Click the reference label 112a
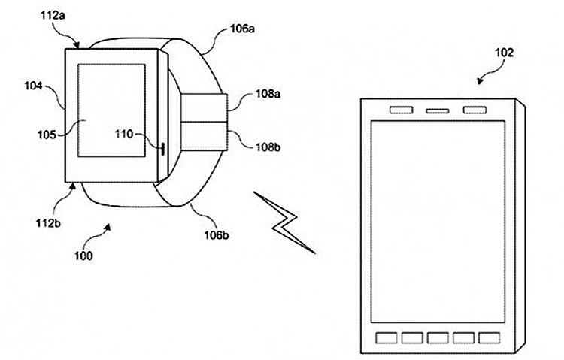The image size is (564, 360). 53,16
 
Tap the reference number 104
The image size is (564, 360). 33,86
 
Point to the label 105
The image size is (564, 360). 47,135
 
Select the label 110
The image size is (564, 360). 124,134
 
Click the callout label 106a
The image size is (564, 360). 242,29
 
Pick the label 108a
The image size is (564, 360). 268,94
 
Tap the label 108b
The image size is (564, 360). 268,147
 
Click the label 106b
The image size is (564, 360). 217,235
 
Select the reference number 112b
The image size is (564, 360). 48,223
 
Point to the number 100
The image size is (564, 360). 83,256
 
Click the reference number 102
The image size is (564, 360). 505,53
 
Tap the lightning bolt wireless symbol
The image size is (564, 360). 284,222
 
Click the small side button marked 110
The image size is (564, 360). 163,149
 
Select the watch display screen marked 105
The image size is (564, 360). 111,110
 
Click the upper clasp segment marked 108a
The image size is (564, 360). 204,107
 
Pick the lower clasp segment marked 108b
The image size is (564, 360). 204,136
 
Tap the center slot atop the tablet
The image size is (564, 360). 438,111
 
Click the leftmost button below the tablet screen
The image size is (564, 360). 387,338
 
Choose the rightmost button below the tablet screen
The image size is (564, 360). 490,338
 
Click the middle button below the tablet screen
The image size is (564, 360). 438,338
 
